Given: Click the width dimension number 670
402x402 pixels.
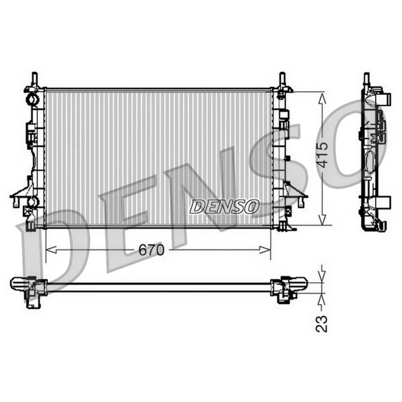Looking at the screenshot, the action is [151, 250].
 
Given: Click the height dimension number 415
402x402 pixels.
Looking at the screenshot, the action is [322, 155].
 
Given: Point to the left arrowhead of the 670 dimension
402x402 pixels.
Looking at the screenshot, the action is [51, 249].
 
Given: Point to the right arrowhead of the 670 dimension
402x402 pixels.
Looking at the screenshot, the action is [265, 249].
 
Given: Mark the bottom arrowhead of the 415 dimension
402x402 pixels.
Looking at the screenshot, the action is [322, 219].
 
